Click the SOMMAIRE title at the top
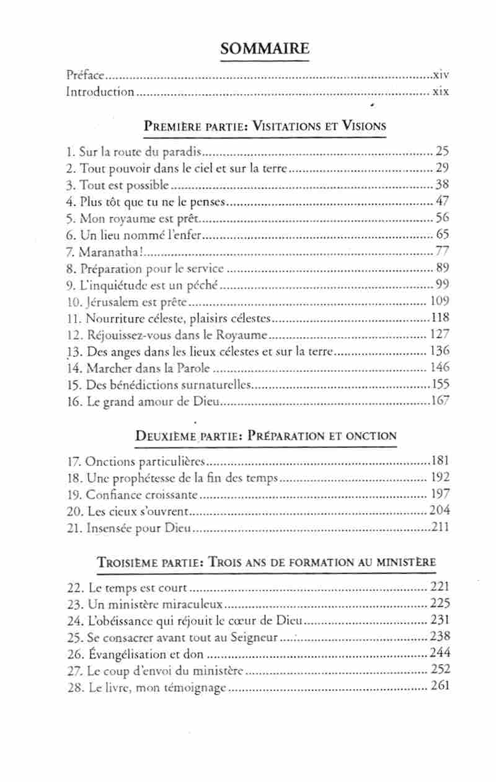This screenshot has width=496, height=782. point(265,49)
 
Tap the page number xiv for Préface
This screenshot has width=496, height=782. point(441,76)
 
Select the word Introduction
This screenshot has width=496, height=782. point(100,92)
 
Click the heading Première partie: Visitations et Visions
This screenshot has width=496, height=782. point(265,126)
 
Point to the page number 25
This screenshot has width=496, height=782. point(442,151)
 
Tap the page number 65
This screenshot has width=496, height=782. point(442,234)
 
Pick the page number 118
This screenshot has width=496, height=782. point(440,318)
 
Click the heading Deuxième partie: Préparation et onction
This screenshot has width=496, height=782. point(265,435)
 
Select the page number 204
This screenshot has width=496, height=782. point(440,511)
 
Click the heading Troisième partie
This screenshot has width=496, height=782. point(265,563)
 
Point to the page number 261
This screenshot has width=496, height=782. point(440,686)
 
